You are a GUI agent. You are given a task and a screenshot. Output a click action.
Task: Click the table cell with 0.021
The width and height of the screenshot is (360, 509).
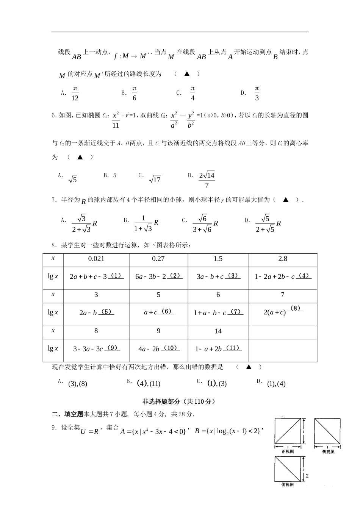pos(96,259)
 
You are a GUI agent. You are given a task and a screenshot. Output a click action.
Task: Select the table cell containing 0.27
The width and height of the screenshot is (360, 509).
pos(158,259)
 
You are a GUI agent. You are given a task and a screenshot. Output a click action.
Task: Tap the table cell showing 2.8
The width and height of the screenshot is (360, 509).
pos(283,259)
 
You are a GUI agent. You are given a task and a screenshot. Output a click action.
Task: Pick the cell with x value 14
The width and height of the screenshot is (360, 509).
pos(218,331)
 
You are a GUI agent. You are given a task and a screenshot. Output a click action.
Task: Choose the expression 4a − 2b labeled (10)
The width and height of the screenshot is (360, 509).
pos(158,349)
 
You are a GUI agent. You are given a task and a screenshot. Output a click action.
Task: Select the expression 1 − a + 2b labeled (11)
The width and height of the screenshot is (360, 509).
pos(218,349)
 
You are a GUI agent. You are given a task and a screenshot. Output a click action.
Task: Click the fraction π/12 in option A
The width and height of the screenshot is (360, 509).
pos(75,93)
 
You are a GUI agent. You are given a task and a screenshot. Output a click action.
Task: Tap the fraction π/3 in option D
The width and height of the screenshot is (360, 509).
pos(257,93)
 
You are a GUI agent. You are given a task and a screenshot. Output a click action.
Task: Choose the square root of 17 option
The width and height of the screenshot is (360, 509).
pos(155,180)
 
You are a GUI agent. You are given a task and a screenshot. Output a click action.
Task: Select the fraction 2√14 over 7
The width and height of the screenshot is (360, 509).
pos(207,180)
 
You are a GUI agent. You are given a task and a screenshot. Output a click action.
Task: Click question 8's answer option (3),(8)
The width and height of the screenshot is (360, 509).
pos(78,384)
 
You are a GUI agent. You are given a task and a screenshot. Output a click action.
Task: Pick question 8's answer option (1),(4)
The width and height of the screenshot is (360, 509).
pos(276,384)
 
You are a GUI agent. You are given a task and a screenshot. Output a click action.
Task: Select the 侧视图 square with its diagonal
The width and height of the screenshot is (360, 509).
pos(327,430)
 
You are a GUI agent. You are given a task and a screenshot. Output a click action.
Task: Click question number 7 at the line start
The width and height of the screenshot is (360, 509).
pos(53,200)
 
